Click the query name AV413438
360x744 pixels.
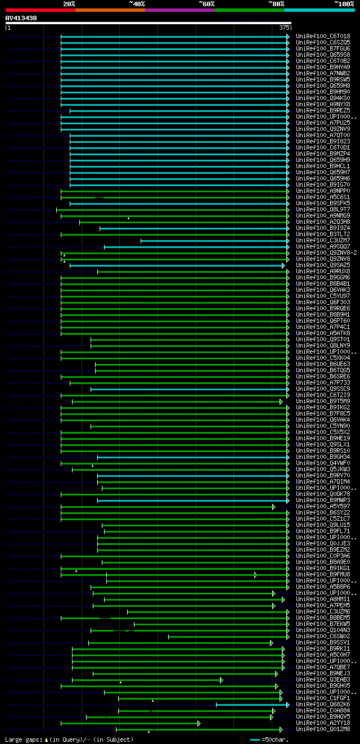(x=21, y=18)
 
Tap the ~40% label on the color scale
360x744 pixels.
(x=137, y=3)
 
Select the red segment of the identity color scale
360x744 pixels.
(x=40, y=10)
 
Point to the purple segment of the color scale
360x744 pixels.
(x=179, y=10)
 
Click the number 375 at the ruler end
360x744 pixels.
(x=284, y=28)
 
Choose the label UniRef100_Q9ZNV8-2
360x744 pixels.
(x=326, y=252)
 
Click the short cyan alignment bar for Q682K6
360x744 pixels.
(x=251, y=704)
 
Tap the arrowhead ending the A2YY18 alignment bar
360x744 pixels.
(x=199, y=723)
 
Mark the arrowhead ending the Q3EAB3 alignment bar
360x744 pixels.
(x=222, y=679)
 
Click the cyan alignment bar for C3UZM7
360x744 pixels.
(x=214, y=240)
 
